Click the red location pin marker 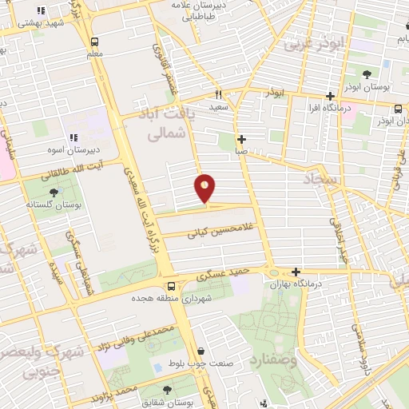coord(205,189)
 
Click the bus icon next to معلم coord(94,42)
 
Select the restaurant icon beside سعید coord(218,94)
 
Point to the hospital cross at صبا coord(241,138)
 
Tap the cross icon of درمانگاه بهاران coord(296,272)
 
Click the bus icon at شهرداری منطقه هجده coord(169,286)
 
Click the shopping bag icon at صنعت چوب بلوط coord(201,351)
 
